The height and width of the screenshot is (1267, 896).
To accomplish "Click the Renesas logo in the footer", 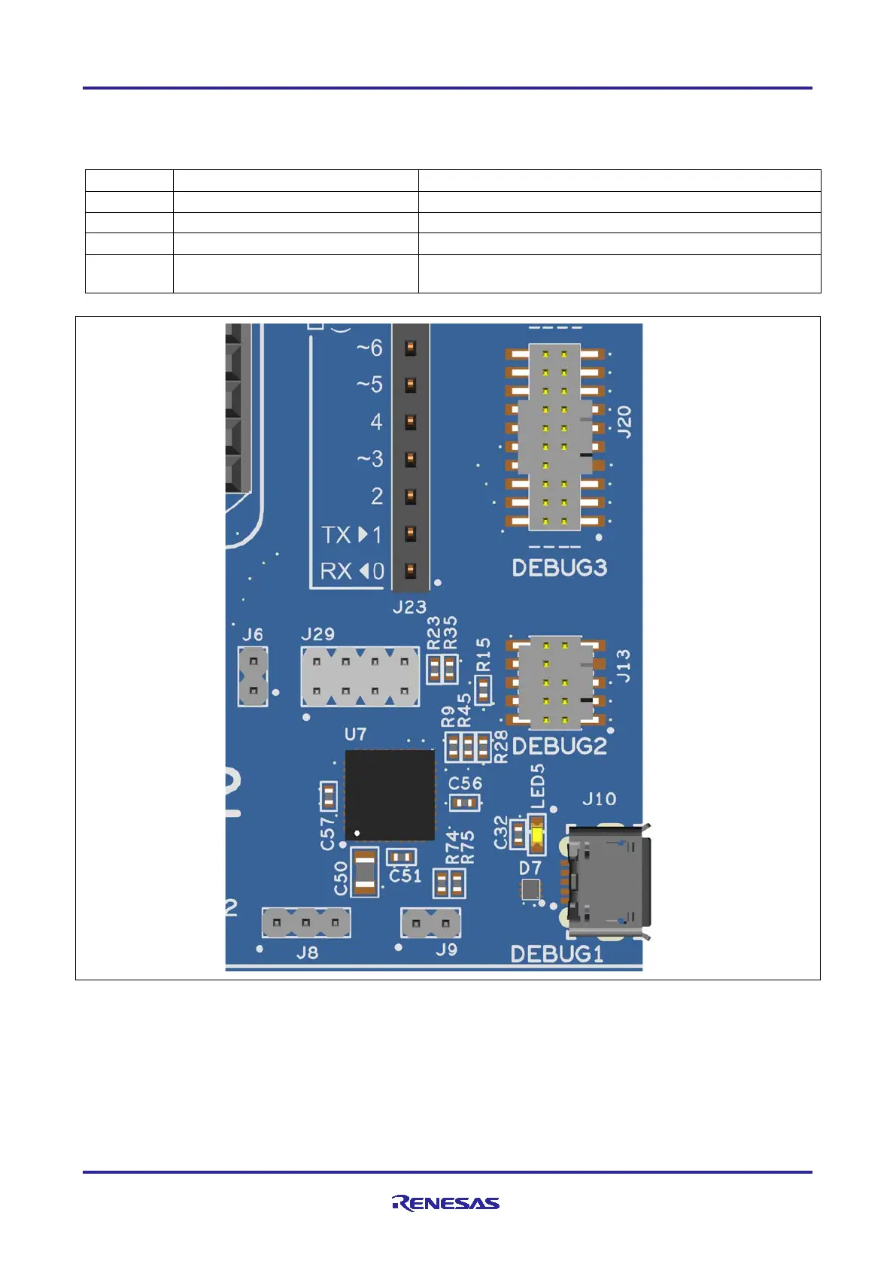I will click(x=445, y=1202).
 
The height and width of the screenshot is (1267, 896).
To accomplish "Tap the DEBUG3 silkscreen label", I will click(x=559, y=567).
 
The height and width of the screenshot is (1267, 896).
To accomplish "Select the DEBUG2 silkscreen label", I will click(x=559, y=746).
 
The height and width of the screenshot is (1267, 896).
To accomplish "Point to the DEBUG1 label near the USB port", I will click(x=557, y=954).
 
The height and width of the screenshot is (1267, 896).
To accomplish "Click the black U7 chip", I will click(x=390, y=795).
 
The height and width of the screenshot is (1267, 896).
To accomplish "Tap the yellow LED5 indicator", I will click(x=537, y=836).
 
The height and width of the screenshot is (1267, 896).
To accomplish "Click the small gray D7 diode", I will click(x=530, y=891).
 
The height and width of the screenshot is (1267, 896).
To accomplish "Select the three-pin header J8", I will click(x=306, y=922).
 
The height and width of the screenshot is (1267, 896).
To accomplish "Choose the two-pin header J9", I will click(x=431, y=922).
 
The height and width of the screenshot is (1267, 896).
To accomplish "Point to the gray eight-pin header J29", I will click(x=360, y=676).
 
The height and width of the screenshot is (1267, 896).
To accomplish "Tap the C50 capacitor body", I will click(x=365, y=872).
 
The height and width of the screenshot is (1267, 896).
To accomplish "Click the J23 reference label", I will click(x=409, y=606).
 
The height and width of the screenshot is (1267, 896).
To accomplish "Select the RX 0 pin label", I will click(x=352, y=572).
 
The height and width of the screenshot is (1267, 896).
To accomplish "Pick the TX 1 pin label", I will click(x=352, y=535).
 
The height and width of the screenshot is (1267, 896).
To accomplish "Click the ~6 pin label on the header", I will click(x=369, y=348).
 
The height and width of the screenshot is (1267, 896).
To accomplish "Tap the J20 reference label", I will click(x=624, y=421).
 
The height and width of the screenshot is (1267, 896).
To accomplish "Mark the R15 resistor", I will click(x=483, y=689).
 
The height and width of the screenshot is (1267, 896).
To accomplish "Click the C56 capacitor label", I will click(x=465, y=782).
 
